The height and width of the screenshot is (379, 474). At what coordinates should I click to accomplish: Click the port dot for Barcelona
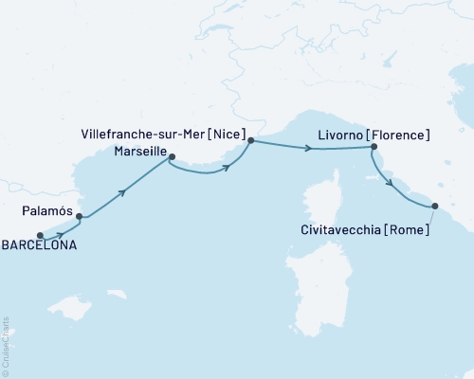40,236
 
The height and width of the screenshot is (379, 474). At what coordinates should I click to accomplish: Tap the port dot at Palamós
80,216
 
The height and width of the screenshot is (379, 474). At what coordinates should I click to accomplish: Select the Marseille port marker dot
172,157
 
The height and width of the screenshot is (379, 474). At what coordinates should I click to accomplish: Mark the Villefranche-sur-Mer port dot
250,141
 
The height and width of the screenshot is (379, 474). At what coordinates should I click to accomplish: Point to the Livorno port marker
374,147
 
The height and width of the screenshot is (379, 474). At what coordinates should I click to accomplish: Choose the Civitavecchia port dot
435,206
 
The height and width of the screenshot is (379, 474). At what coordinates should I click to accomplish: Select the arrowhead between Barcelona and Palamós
62,234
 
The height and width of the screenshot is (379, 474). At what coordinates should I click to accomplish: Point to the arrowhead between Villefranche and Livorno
308,148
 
